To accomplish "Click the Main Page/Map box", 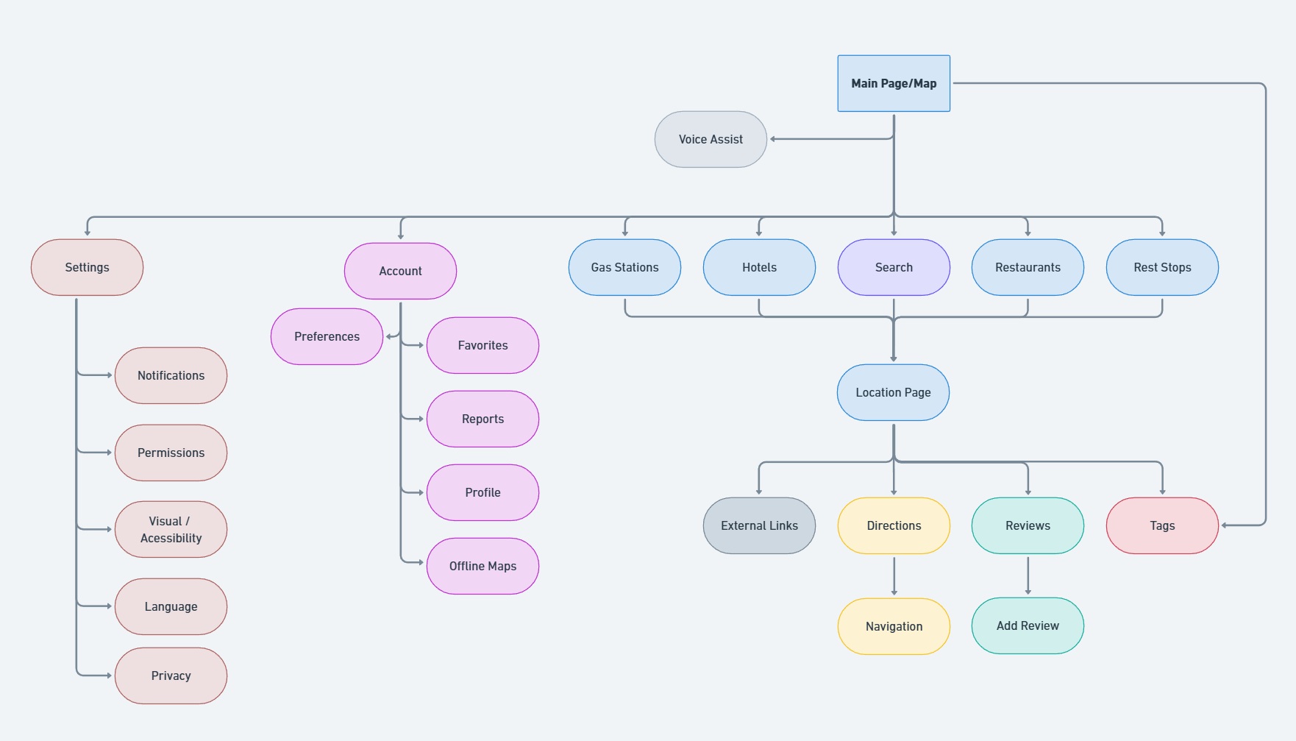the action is [894, 83].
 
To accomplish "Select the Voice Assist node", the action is [711, 139].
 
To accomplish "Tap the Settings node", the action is [87, 267].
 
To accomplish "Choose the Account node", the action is [400, 271].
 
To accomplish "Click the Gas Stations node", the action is [624, 267].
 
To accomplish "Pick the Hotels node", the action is [759, 267].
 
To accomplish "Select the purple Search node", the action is [894, 267].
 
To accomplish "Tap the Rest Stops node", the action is [1162, 267].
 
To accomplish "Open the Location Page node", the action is [893, 392].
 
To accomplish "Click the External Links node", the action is [759, 525].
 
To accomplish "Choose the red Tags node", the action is [1162, 525].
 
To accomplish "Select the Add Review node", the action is [1028, 625].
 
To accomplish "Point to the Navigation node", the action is [894, 626].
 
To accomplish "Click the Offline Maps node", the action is [483, 566].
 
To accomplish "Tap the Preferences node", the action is [327, 336].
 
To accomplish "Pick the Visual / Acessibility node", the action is [171, 529].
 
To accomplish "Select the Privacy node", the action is [171, 676].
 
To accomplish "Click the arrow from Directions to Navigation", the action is [894, 576].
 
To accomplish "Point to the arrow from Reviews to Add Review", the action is [1028, 575].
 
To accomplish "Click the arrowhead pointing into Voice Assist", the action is [773, 139].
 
